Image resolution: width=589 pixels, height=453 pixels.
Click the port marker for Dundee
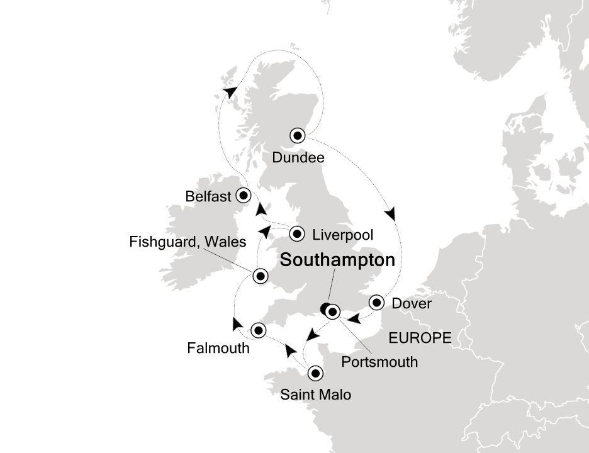(x=298, y=135)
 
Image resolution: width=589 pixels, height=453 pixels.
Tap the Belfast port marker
(x=243, y=195)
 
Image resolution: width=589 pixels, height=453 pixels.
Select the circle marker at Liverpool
(x=298, y=235)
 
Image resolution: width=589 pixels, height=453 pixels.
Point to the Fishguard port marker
(x=259, y=276)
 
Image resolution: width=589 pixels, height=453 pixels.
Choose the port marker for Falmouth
(x=258, y=330)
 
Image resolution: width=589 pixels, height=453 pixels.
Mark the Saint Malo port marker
(x=315, y=373)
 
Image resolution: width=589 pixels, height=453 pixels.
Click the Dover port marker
(x=376, y=303)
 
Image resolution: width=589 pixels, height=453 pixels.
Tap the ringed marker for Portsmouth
(x=333, y=311)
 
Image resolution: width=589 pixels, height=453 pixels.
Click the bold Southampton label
(x=337, y=260)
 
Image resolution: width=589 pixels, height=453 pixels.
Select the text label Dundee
(x=298, y=158)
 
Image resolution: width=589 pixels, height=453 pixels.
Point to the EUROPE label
(x=420, y=338)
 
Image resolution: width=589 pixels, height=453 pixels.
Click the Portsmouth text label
(x=379, y=362)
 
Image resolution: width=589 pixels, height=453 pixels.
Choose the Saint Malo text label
(x=315, y=395)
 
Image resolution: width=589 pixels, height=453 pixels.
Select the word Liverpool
(x=342, y=235)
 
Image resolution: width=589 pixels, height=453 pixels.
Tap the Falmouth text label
(x=218, y=348)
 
